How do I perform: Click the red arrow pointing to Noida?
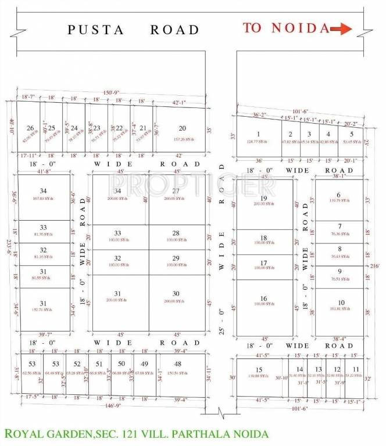click(x=341, y=28)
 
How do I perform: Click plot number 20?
click(x=182, y=128)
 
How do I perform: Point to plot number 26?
click(x=30, y=128)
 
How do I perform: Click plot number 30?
click(x=176, y=293)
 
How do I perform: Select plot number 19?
click(x=263, y=199)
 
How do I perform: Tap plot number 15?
click(x=259, y=370)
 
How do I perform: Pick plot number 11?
click(x=355, y=369)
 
